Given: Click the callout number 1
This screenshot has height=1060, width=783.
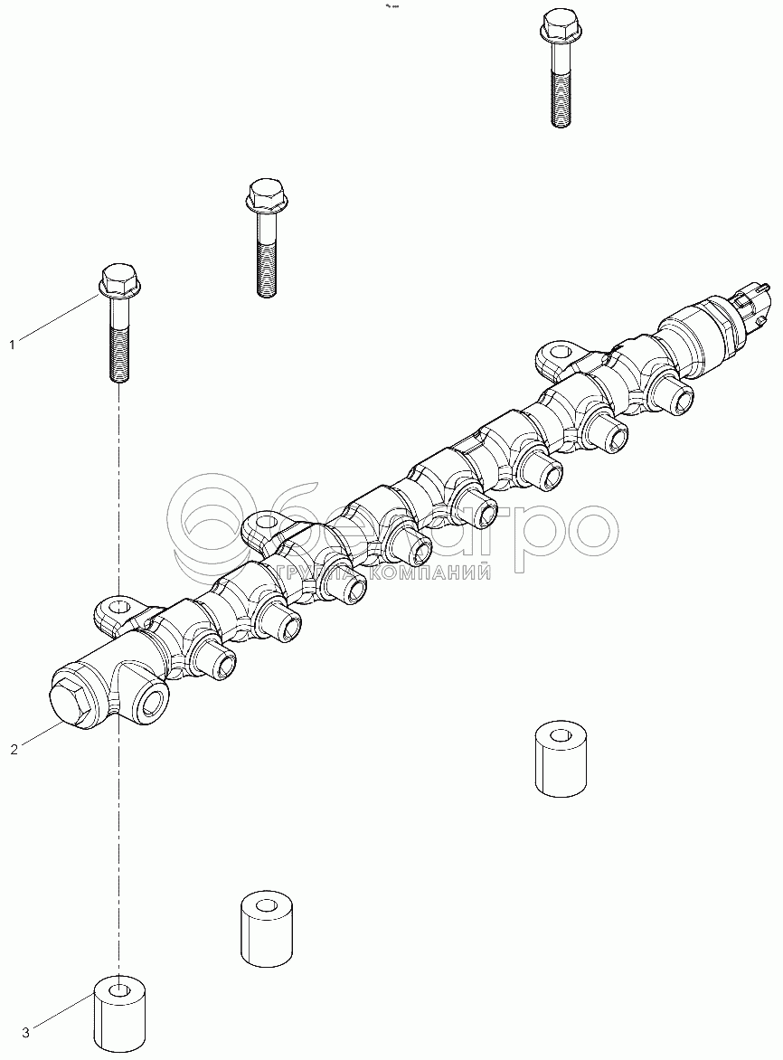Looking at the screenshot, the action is pyautogui.click(x=13, y=344).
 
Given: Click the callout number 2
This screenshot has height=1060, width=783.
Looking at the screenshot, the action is pyautogui.click(x=14, y=749).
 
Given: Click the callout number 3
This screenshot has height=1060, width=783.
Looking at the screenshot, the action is pyautogui.click(x=26, y=1032).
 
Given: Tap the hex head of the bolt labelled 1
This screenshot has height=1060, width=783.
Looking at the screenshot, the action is pyautogui.click(x=119, y=280).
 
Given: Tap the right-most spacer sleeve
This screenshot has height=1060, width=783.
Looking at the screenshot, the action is pyautogui.click(x=560, y=758).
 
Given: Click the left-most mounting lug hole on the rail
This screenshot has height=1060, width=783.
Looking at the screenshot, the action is pyautogui.click(x=118, y=605).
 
